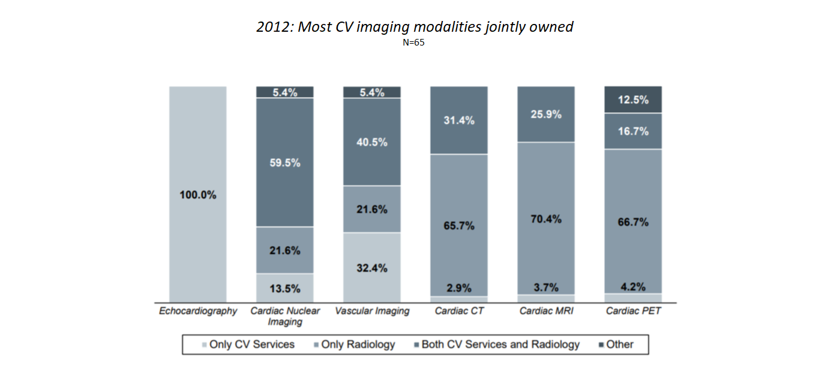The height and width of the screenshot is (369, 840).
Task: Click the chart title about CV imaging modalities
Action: [415, 27]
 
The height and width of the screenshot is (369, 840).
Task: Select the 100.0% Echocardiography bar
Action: [197, 195]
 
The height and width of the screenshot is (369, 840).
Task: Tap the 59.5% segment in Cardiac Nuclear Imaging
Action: [285, 162]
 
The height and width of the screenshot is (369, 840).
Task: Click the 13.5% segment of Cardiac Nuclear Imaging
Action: [285, 288]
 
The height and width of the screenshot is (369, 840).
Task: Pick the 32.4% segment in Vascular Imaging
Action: [372, 268]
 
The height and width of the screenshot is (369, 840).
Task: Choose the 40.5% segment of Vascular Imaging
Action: [372, 142]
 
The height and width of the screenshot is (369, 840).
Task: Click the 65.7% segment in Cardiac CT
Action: [459, 225]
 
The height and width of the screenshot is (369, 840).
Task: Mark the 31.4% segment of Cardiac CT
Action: [459, 120]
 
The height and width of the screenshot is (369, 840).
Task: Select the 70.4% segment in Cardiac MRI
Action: [546, 219]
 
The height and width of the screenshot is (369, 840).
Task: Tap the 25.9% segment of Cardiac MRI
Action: [546, 114]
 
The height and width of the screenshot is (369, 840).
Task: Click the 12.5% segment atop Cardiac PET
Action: [633, 99]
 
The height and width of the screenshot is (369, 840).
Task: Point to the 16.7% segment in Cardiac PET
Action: [633, 131]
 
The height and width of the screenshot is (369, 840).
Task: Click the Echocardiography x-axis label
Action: [198, 311]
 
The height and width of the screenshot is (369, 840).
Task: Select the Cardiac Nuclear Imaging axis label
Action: [285, 316]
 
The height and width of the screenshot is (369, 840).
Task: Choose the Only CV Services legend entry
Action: [248, 344]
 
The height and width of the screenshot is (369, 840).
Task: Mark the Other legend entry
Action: [615, 344]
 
